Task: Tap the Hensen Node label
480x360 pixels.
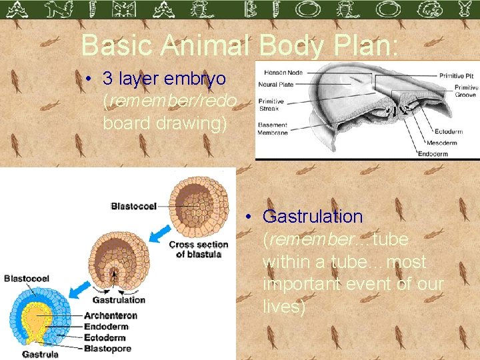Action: tap(283, 72)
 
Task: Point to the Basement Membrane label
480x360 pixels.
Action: tap(273, 129)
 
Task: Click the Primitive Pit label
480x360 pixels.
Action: tap(457, 75)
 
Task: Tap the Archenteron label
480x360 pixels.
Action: tap(111, 315)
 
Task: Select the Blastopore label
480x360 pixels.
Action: tap(107, 348)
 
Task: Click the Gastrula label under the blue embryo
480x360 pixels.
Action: tap(41, 355)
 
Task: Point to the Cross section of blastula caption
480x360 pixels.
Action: tap(199, 249)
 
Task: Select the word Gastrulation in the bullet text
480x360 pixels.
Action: tap(313, 217)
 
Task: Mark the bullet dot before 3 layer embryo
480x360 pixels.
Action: tap(89, 79)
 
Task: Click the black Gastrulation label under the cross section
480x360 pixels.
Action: tap(119, 299)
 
